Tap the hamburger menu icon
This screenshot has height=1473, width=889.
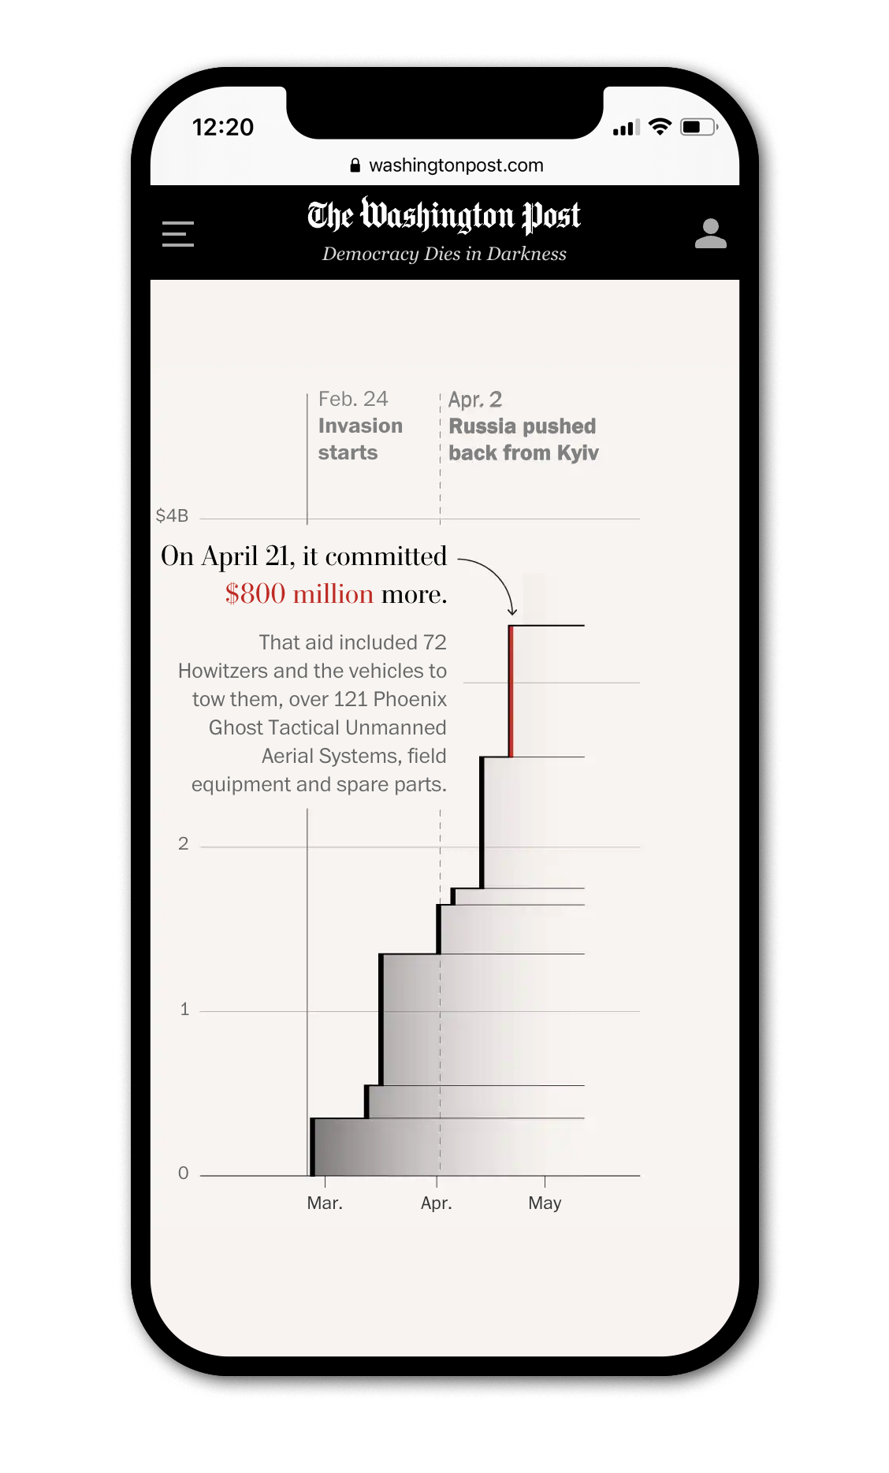point(178,234)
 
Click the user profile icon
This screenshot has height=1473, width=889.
point(710,234)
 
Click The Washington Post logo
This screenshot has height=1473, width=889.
point(444,216)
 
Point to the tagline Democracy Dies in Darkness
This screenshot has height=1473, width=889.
point(444,254)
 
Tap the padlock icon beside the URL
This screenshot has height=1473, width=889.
point(355,166)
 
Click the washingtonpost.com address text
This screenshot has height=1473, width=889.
point(456,166)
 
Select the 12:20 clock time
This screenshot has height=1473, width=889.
point(223,127)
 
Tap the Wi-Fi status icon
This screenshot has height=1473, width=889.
point(660,127)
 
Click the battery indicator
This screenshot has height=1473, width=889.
point(698,127)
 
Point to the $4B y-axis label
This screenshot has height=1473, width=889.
point(172,516)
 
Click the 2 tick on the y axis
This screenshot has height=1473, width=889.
point(184,844)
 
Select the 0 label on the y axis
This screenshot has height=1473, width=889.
point(184,1174)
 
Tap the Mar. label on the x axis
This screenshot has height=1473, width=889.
point(325,1203)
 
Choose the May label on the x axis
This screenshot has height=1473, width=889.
point(545,1203)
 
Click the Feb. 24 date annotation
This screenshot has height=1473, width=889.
point(353,400)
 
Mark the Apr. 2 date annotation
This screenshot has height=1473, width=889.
point(475,400)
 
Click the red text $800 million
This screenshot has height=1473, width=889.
point(299,594)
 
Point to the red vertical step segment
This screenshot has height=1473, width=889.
point(511,691)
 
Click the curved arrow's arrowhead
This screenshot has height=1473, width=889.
point(512,611)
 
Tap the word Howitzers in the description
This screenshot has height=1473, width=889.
point(222,671)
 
